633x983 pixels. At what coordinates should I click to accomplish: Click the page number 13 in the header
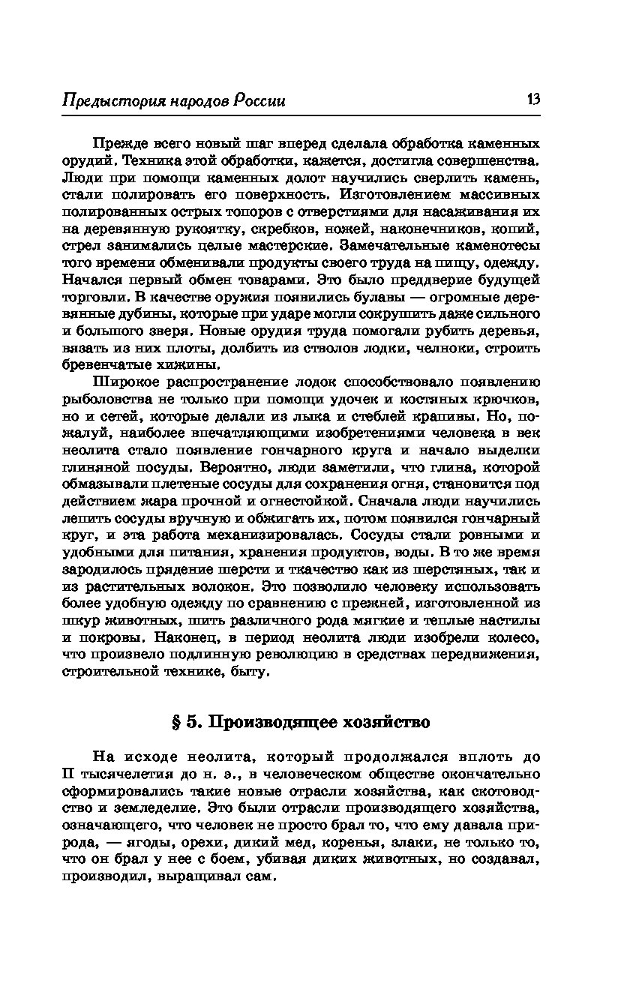point(533,100)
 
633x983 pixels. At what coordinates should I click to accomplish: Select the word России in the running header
point(259,101)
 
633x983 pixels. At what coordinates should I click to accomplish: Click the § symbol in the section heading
point(178,723)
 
